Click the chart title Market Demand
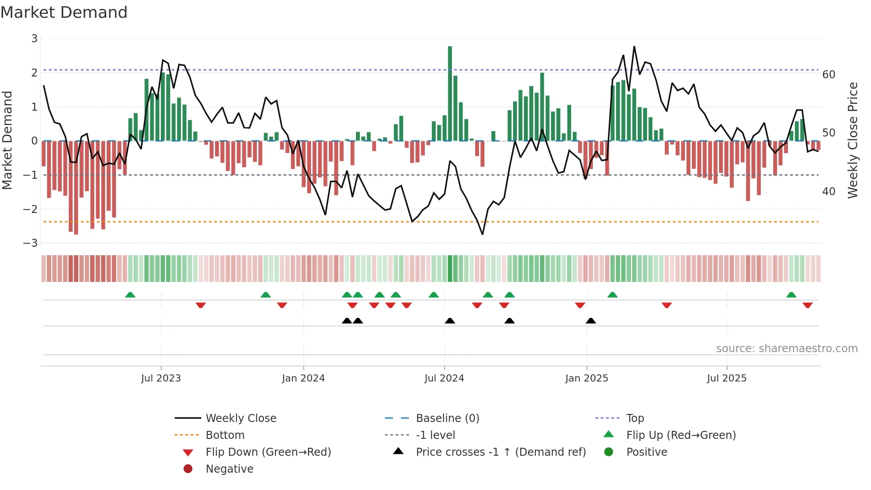point(64,12)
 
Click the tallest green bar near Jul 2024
point(450,93)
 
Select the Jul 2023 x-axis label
point(161,378)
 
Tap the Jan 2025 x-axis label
point(587,378)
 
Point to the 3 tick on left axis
point(34,39)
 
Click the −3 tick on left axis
point(31,243)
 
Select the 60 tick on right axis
point(829,75)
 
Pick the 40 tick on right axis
point(829,192)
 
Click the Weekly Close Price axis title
point(852,140)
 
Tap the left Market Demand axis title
point(7,140)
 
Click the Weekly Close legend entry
point(241,418)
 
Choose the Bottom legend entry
point(225,435)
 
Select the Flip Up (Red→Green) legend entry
point(681,435)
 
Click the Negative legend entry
point(229,469)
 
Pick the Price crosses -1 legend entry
point(501,452)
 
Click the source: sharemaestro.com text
point(787,349)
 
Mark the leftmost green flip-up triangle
point(130,295)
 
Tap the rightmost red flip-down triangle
point(807,305)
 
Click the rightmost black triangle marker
point(591,321)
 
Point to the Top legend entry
point(635,418)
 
